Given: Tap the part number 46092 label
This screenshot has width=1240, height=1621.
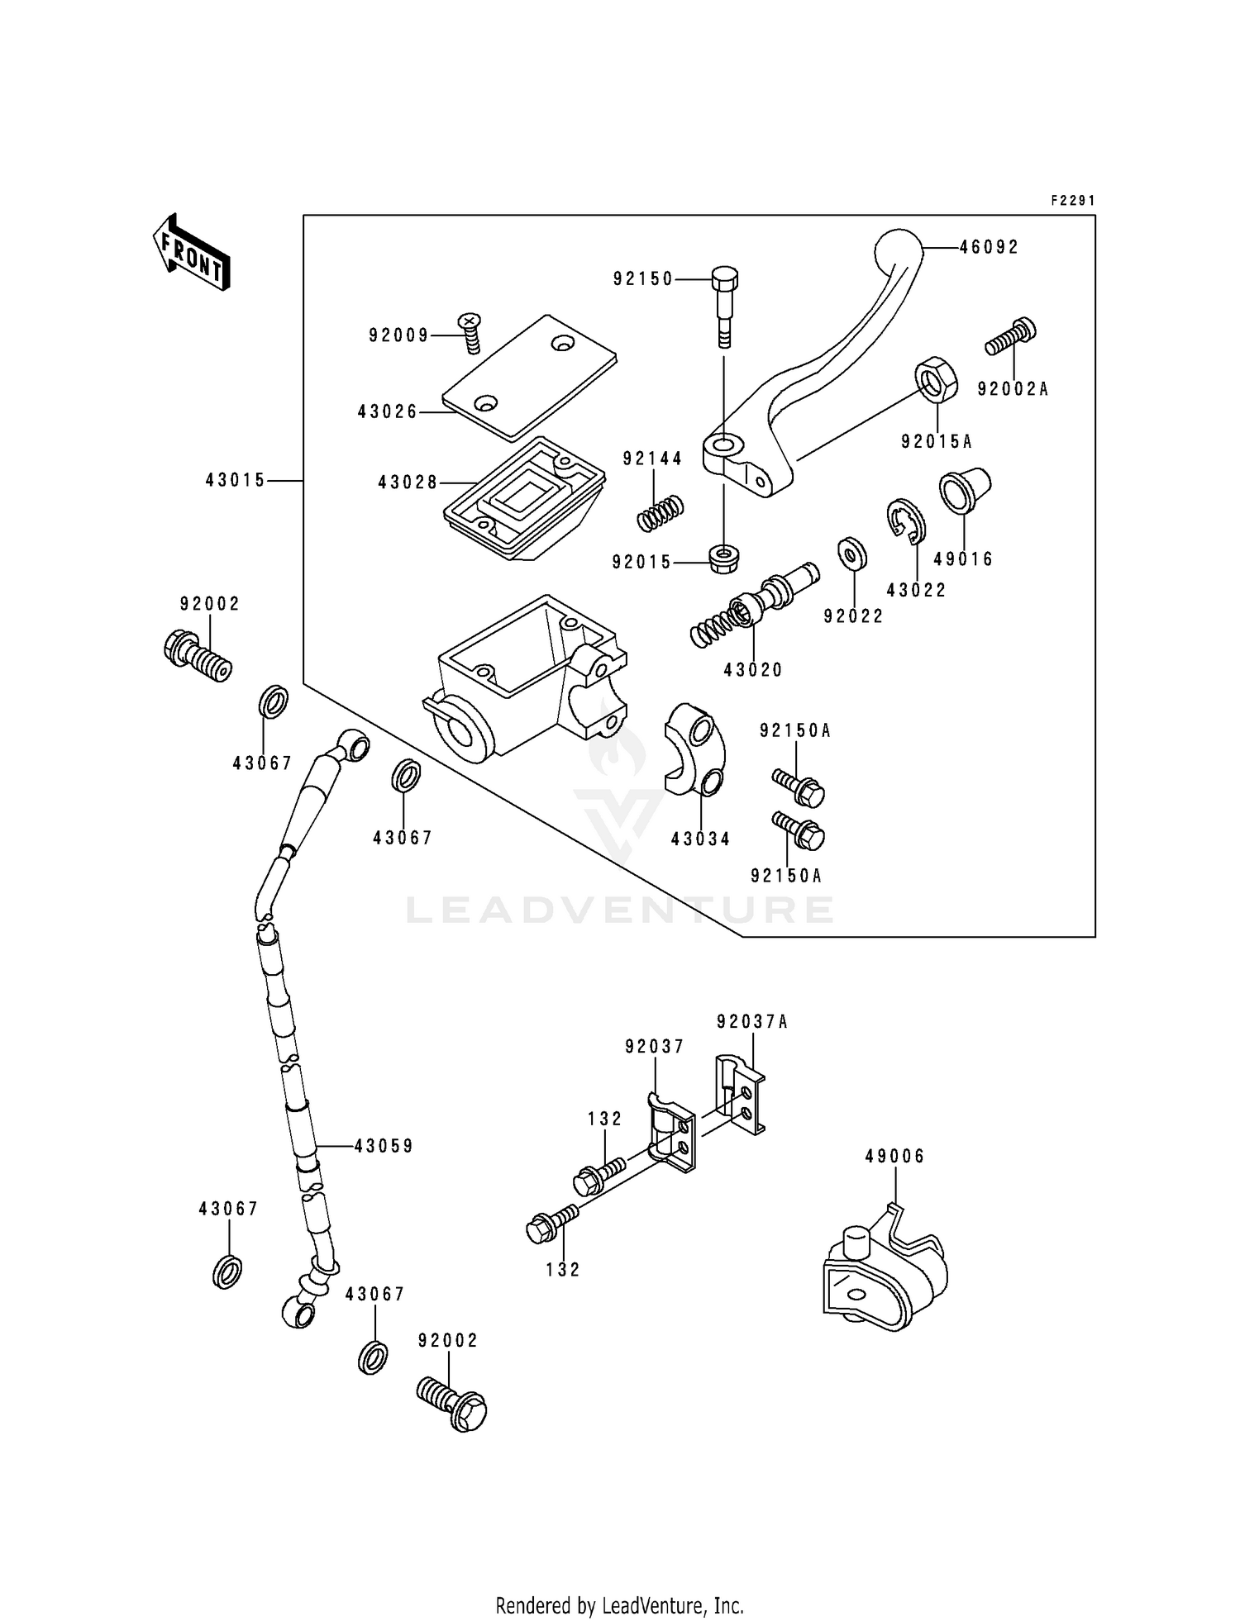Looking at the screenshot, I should click(x=989, y=247).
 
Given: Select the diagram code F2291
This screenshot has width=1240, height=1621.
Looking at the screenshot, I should click(x=1072, y=201).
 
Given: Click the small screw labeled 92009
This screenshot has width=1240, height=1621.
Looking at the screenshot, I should click(x=470, y=332).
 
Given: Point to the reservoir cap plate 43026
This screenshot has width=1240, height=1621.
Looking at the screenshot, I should click(x=529, y=376).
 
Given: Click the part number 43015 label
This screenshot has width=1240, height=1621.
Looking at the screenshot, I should click(x=236, y=480).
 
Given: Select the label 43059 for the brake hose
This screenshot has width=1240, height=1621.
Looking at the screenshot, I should click(x=384, y=1146).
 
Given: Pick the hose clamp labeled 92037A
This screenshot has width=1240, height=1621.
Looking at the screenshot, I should click(x=740, y=1093).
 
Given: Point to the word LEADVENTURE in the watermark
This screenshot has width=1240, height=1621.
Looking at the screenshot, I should click(x=619, y=910).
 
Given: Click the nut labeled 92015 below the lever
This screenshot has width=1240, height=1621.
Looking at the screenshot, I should click(x=724, y=558).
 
